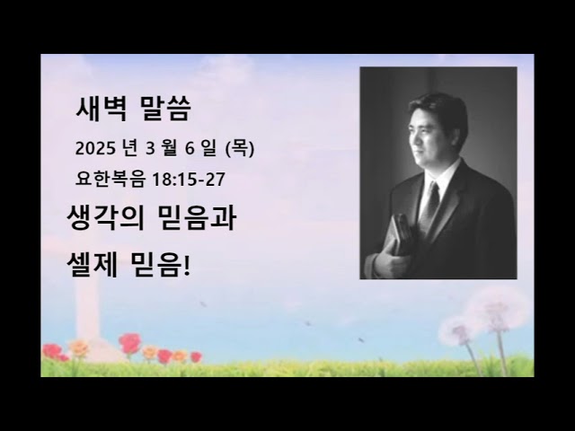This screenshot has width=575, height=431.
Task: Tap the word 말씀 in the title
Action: pyautogui.click(x=166, y=111)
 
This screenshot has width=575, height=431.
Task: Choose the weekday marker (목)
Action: pyautogui.click(x=246, y=147)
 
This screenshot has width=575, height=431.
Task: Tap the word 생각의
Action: pyautogui.click(x=103, y=218)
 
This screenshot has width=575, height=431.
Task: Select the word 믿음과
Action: pyautogui.click(x=198, y=218)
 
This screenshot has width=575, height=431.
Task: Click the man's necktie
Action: pyautogui.click(x=432, y=207)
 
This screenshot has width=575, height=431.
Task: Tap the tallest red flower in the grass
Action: pyautogui.click(x=130, y=342)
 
